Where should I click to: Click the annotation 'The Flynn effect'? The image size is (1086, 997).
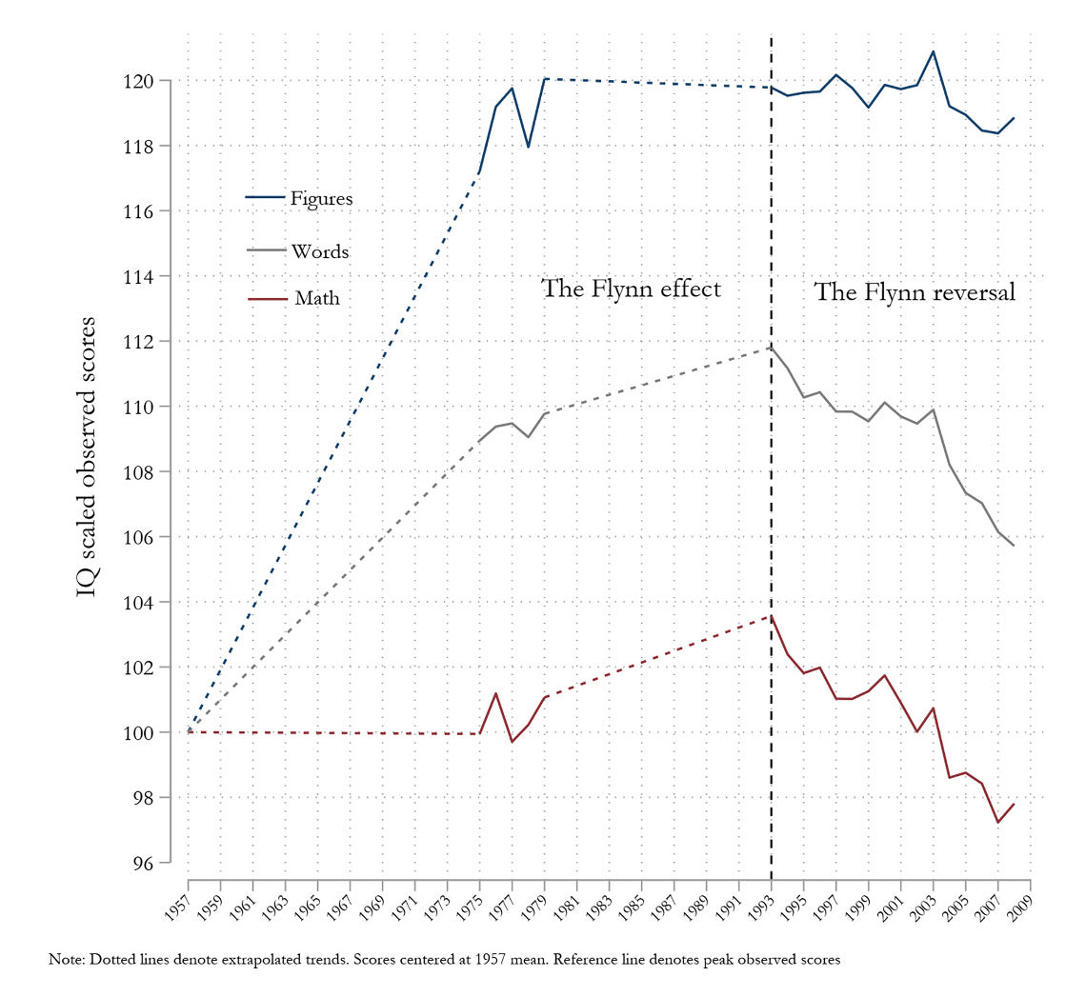pos(631,289)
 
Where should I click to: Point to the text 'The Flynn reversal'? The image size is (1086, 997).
pos(915,292)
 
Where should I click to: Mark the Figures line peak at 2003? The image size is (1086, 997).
pos(934,51)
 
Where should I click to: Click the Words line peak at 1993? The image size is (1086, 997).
pos(771,348)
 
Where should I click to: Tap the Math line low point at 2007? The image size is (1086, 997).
pos(997,822)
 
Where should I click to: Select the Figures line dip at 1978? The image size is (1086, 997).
pos(528,147)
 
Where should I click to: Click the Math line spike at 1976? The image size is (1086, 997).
pos(495,693)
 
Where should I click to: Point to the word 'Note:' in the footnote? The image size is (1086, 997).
pos(67,960)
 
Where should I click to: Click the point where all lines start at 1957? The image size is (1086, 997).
pos(189,731)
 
